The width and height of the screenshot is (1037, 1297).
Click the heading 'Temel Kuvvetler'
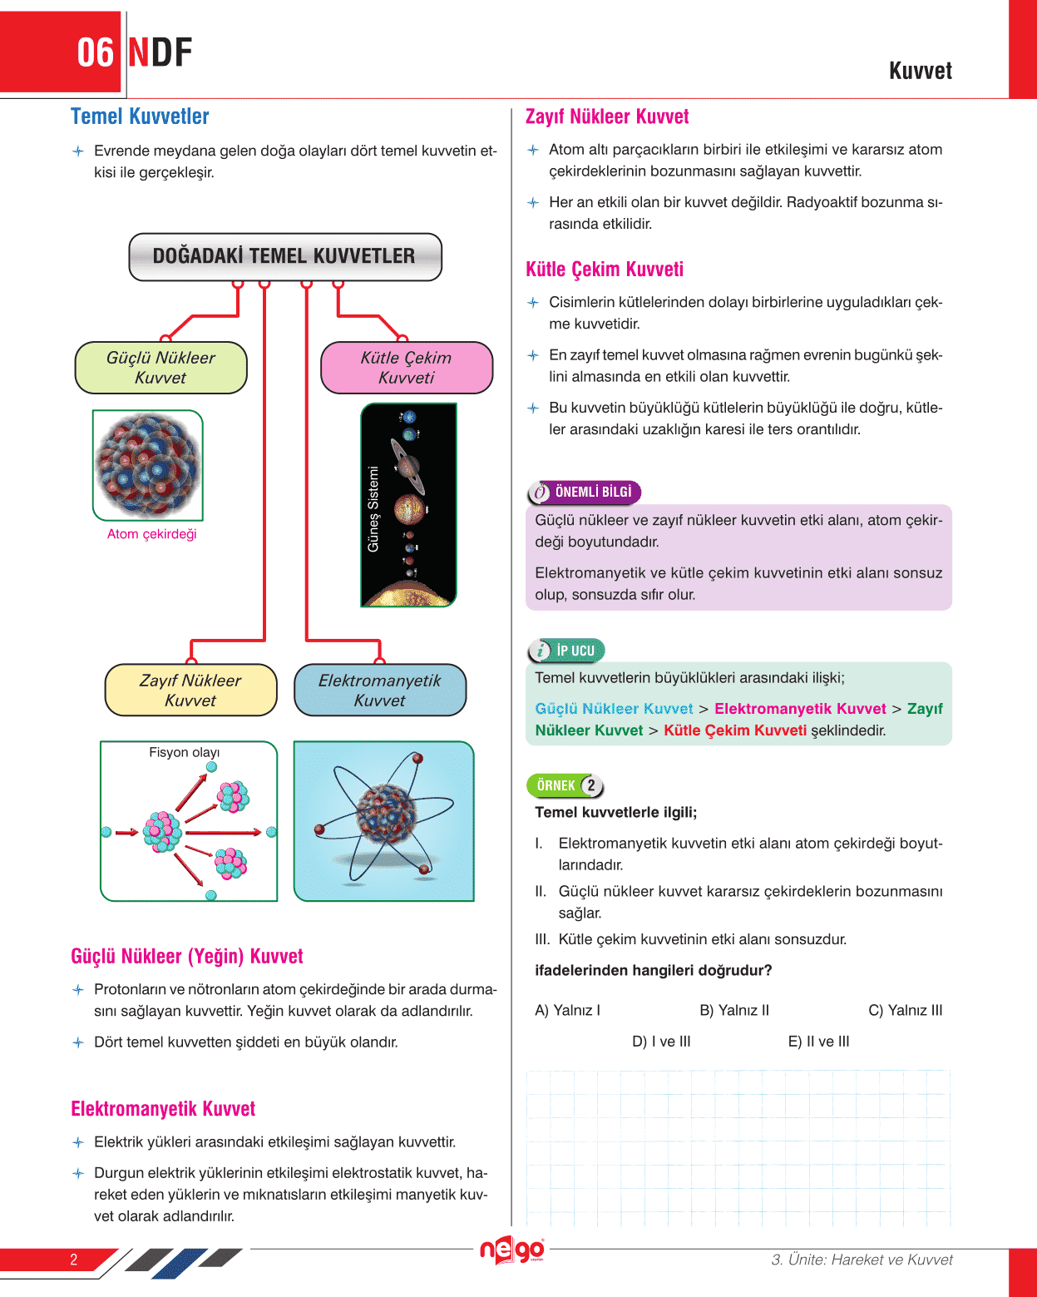point(140,116)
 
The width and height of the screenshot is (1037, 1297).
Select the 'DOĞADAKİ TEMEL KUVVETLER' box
point(284,256)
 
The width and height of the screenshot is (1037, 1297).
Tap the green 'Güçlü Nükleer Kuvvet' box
point(160,368)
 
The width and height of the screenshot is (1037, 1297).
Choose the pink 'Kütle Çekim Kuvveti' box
point(407,368)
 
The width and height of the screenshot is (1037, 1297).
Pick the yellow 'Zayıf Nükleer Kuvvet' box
point(190,691)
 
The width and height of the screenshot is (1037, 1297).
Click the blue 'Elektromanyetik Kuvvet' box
point(380,691)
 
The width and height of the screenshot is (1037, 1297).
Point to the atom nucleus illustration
point(148,464)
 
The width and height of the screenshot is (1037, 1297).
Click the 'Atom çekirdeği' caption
point(151,534)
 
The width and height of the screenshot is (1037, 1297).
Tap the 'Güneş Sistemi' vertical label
point(373,509)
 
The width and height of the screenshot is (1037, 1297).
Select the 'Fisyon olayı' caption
point(184,752)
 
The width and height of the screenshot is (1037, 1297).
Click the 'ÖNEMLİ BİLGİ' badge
point(585,493)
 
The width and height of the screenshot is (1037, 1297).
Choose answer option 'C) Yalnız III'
point(905,1010)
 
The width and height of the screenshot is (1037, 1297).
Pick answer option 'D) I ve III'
point(661,1042)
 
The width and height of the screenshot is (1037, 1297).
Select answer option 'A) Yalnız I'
point(567,1010)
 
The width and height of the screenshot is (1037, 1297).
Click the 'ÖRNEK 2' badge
point(565,785)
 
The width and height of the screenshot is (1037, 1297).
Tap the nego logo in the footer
point(512,1250)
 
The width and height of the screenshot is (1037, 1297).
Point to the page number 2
point(73,1260)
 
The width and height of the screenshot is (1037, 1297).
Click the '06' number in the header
point(95,53)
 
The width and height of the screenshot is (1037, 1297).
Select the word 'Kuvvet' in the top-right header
point(921,71)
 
